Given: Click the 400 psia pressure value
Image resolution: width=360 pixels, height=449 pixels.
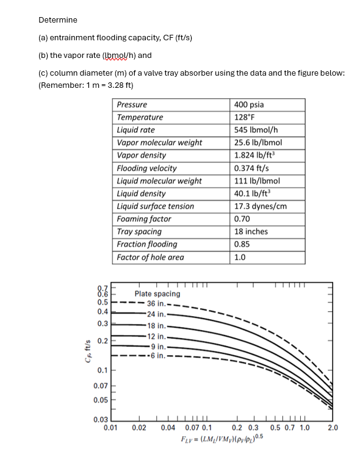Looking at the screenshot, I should [x=250, y=104].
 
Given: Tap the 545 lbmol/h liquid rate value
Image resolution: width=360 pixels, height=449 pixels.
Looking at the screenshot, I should [x=256, y=130].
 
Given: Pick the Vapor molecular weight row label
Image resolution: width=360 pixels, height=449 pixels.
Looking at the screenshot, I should [x=159, y=143].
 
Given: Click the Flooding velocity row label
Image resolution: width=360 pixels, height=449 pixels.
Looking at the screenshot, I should [x=146, y=168].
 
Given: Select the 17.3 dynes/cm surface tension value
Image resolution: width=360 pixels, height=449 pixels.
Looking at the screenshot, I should [x=261, y=206].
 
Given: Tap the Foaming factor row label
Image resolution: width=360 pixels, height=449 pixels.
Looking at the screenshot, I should [x=144, y=219].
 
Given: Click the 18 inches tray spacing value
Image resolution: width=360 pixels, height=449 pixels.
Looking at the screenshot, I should [x=251, y=232].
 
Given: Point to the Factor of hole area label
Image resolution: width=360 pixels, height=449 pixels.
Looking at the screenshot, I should [x=150, y=257].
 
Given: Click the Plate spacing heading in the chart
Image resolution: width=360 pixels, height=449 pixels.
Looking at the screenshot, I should [x=157, y=293].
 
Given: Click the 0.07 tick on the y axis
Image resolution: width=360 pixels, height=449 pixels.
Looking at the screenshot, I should [x=101, y=386].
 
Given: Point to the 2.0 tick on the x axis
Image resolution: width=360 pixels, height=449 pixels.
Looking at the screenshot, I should [x=333, y=428].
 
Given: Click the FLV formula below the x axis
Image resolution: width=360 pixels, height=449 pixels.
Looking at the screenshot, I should [x=220, y=439].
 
